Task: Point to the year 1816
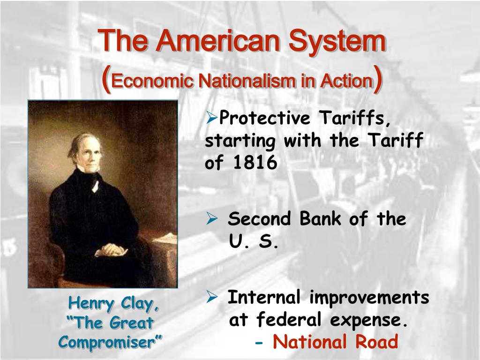(254, 162)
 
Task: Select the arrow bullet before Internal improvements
(212, 297)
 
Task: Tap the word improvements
(369, 298)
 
